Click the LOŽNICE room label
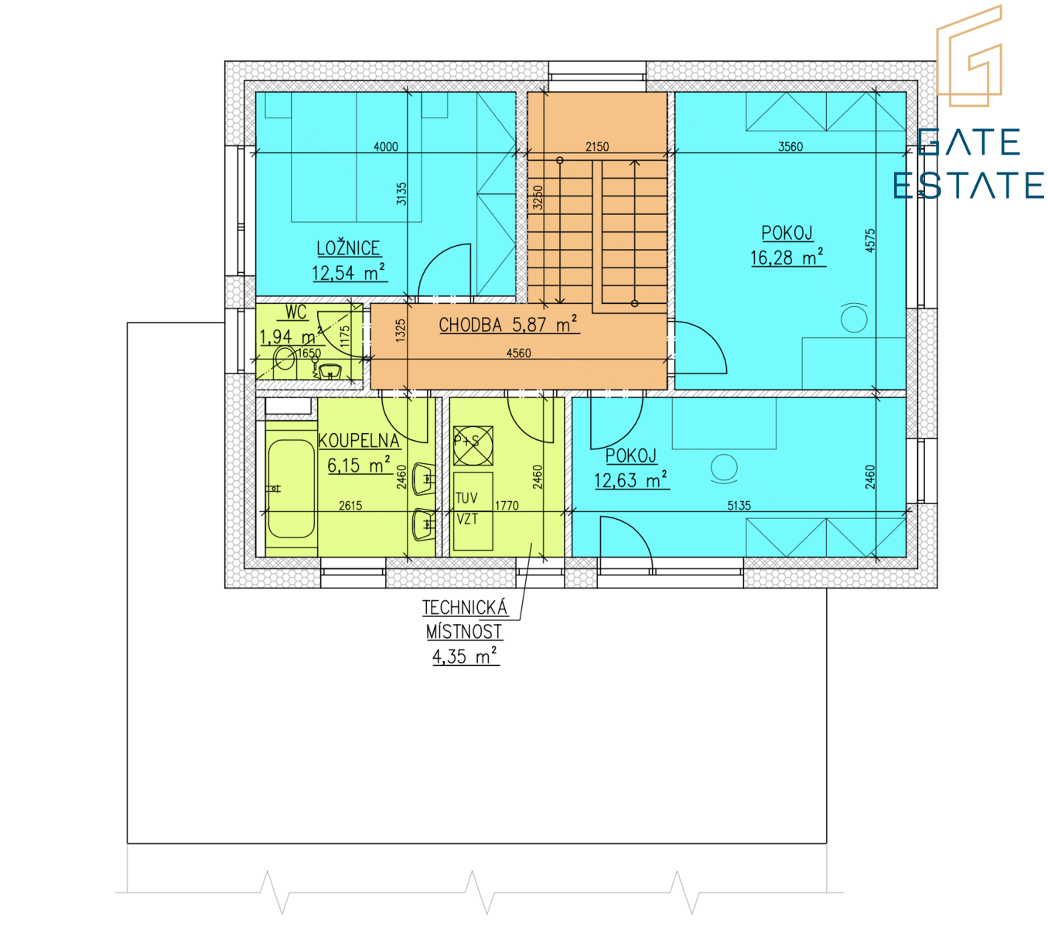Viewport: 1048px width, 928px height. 348,248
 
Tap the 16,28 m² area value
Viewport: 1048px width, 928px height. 787,257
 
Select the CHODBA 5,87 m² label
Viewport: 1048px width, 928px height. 508,324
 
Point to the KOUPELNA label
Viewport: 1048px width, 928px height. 358,441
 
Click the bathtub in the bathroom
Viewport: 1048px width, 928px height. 291,489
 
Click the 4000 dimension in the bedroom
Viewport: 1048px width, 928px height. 386,146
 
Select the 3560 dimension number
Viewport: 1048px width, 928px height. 790,146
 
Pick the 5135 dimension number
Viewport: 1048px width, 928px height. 739,506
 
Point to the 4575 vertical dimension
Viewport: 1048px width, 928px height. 870,241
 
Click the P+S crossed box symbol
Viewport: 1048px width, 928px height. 473,445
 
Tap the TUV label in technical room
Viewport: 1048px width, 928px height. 466,498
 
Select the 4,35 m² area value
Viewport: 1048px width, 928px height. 465,657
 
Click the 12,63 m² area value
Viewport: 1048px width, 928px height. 630,480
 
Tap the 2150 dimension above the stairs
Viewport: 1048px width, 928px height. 597,146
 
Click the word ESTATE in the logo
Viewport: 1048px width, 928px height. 968,185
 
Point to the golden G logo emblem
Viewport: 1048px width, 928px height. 968,56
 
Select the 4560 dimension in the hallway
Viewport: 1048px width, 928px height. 518,353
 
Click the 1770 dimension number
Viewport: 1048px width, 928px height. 507,506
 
